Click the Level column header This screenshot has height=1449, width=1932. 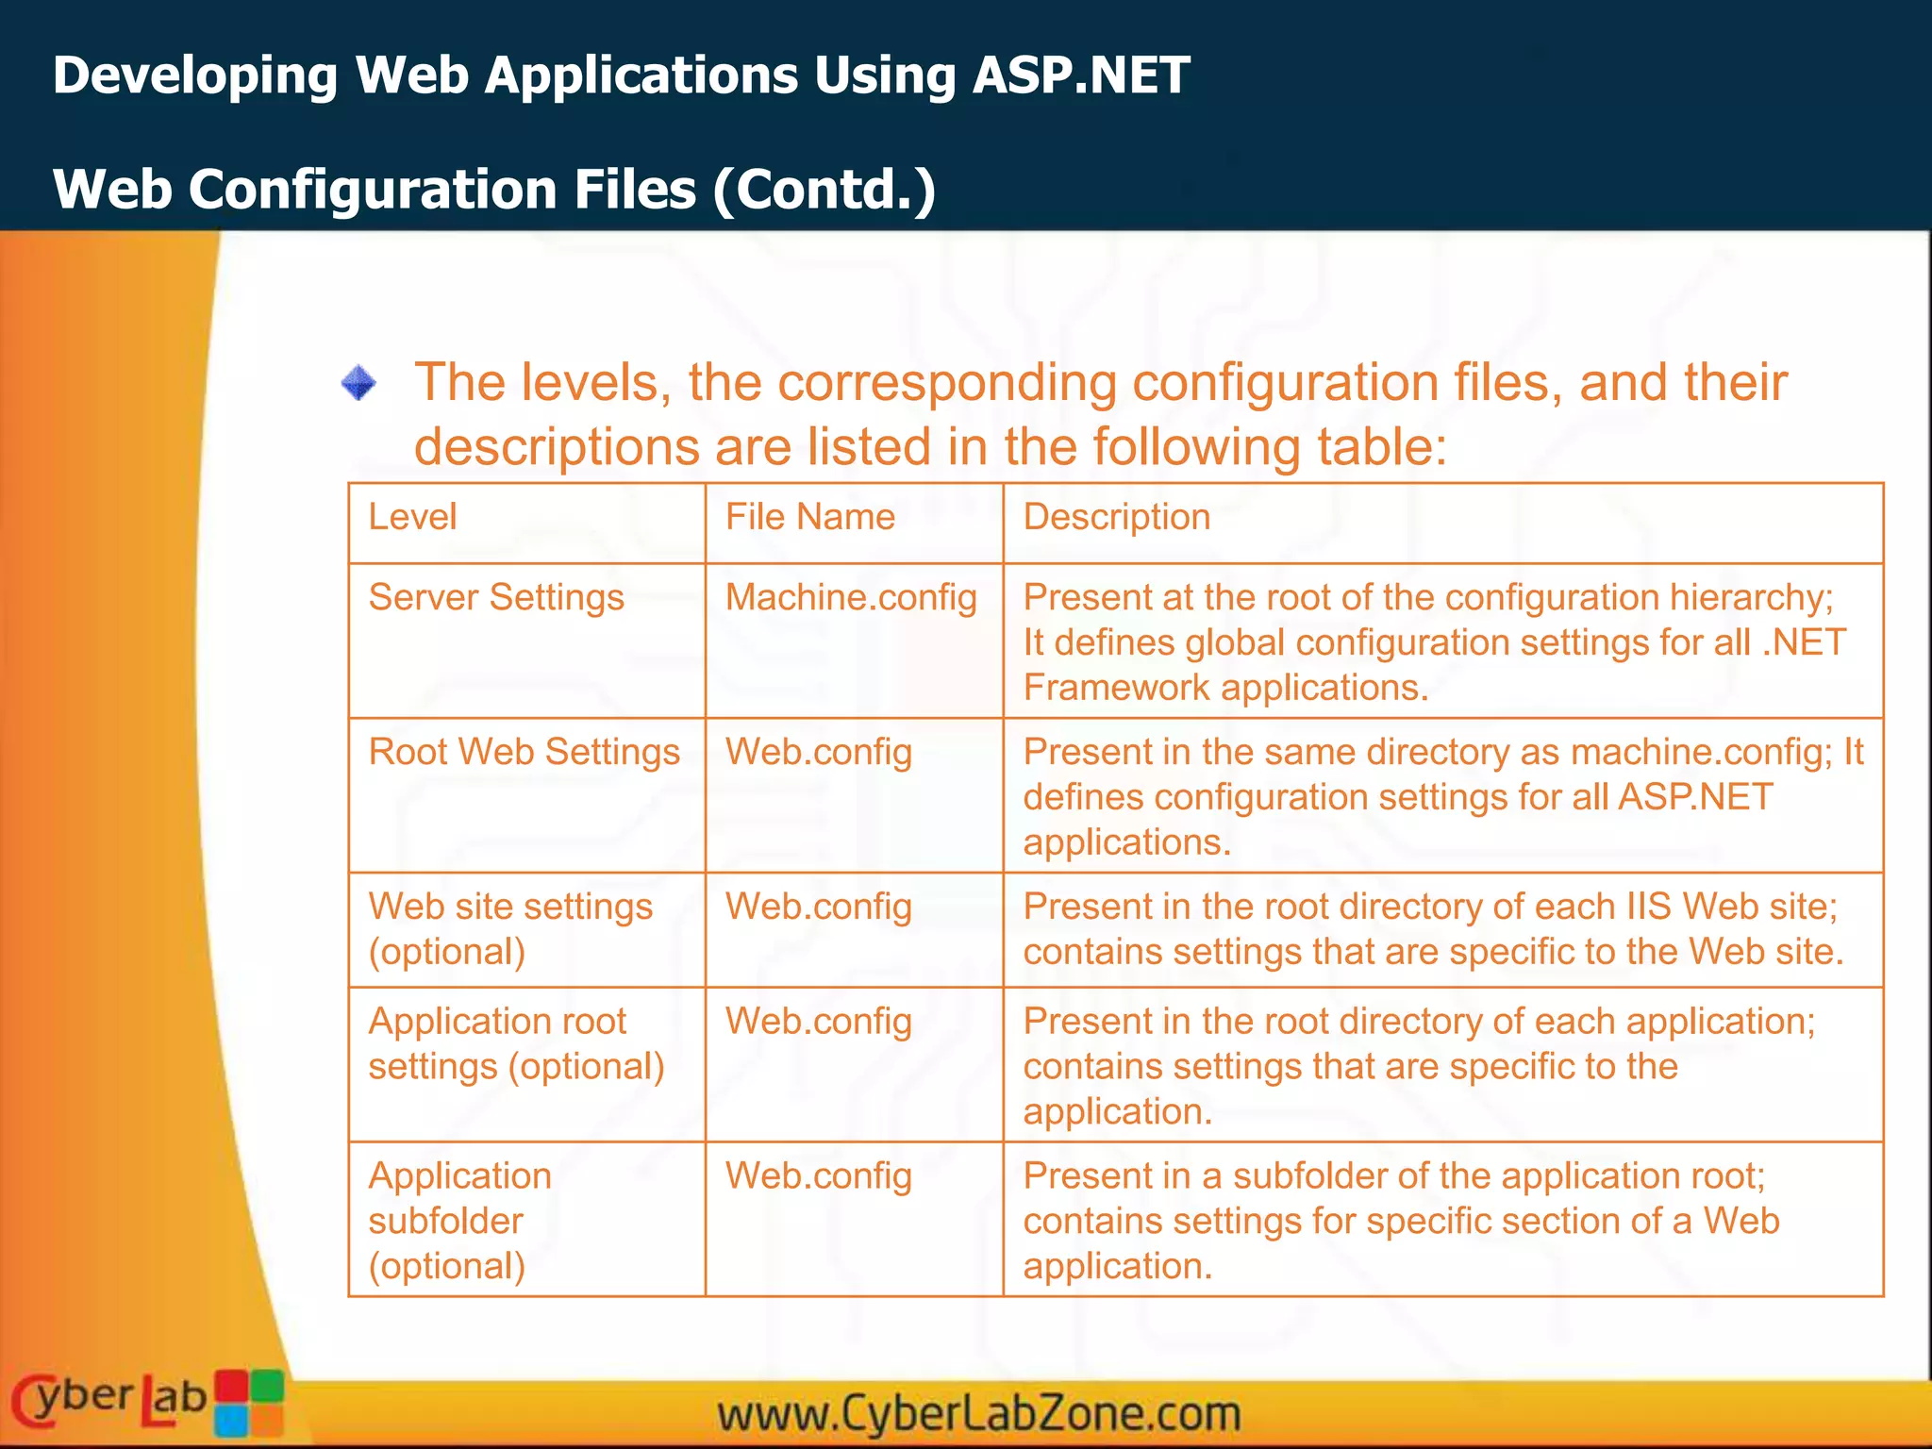[412, 517]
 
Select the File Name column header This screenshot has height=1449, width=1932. [809, 517]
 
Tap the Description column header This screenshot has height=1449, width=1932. [1116, 517]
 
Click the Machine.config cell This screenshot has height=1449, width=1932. [851, 598]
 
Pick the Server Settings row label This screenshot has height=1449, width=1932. [496, 598]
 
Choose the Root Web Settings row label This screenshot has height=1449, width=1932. [524, 753]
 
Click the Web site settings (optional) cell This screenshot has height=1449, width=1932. [509, 928]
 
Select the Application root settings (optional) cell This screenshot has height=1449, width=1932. [516, 1043]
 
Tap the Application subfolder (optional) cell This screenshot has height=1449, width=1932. [459, 1220]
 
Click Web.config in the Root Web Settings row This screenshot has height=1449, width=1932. [818, 753]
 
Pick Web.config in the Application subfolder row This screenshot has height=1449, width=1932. [818, 1176]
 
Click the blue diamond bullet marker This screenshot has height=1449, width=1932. [358, 383]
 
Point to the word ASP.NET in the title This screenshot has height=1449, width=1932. [1081, 75]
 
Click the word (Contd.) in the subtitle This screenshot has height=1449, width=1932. [824, 190]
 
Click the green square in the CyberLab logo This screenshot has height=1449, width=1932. [267, 1386]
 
